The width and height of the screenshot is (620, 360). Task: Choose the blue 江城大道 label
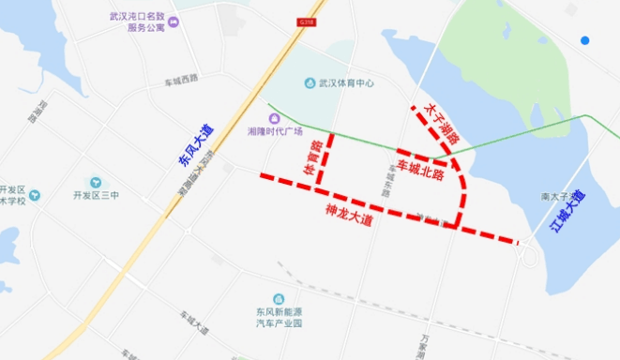567,211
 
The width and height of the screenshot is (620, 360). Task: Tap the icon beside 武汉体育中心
309,83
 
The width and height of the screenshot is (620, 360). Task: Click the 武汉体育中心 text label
345,83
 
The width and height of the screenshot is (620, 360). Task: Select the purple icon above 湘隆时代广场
274,118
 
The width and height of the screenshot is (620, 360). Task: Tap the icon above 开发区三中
96,181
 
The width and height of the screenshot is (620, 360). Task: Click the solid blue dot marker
584,40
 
